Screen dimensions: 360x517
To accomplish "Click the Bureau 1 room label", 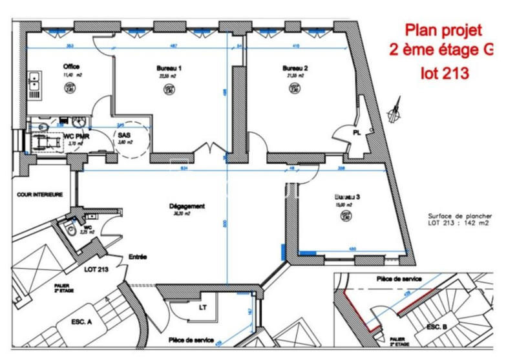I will pos(169,68).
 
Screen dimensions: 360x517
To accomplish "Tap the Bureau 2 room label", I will pos(295,68).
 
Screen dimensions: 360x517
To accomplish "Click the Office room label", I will pos(71,67).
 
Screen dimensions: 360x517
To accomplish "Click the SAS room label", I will pos(123,136).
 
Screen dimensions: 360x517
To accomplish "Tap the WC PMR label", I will pos(76,136).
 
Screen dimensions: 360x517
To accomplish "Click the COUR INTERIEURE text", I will pos(39,194).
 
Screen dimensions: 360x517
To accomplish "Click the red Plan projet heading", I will pos(443,30).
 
